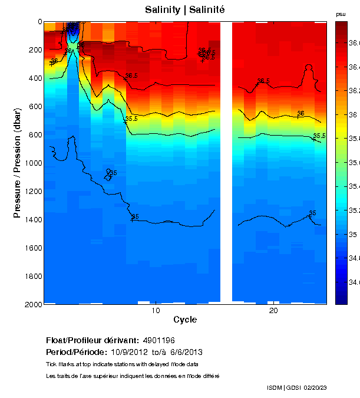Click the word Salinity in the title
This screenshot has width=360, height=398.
click(163, 10)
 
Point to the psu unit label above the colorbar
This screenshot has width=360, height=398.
click(341, 14)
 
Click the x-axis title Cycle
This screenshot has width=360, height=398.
click(185, 320)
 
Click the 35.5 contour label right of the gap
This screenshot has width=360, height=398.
click(319, 136)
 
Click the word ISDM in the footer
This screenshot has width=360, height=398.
click(275, 387)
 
